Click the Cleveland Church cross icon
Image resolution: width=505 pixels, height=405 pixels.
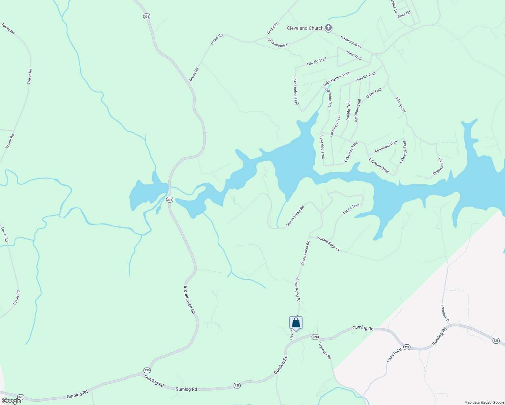[328, 28]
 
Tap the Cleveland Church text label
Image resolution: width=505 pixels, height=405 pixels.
[305, 28]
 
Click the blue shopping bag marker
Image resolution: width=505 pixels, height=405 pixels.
[296, 323]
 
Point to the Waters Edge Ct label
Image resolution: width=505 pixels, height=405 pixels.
[328, 244]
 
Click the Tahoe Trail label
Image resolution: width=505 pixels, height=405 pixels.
[351, 209]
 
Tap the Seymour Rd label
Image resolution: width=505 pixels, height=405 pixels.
[325, 351]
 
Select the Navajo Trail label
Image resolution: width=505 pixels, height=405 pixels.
[317, 62]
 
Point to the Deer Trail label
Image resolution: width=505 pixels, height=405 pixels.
[354, 55]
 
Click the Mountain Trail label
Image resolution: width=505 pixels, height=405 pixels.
[386, 147]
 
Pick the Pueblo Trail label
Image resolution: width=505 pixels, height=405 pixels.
[348, 110]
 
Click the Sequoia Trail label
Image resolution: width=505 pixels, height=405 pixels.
[365, 77]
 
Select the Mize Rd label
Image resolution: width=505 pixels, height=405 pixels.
[404, 14]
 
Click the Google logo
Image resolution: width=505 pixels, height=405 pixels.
[11, 401]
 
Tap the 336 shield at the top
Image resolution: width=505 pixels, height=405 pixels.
[146, 16]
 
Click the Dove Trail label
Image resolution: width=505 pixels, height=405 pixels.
[374, 93]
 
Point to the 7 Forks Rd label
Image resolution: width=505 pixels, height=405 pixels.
[400, 105]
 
